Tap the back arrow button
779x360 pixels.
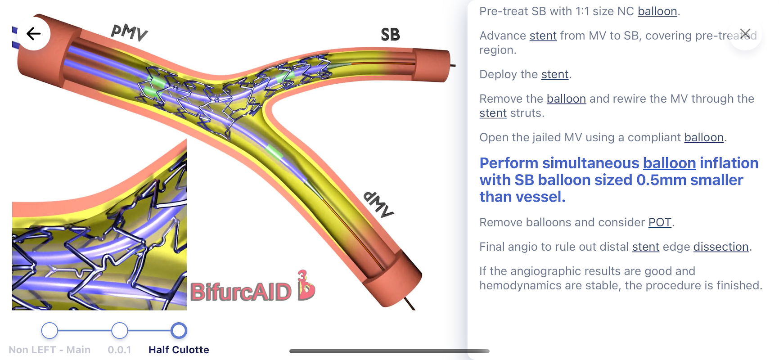coord(34,34)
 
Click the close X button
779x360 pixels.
coord(745,34)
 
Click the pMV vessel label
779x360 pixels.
coord(130,32)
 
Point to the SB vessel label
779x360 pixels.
coord(390,35)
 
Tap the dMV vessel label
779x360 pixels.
coord(378,204)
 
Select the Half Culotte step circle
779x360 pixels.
coord(179,330)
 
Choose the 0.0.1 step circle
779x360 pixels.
coord(120,330)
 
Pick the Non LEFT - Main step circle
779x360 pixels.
coord(50,330)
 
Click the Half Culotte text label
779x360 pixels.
coord(179,350)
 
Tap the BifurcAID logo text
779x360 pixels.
coord(241,292)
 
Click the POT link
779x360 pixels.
coord(660,222)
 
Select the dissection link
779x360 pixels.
coord(721,247)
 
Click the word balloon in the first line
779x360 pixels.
coord(657,11)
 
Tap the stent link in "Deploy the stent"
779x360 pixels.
coord(555,74)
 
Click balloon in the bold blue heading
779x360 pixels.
coord(669,163)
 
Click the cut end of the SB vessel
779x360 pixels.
coord(432,65)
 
